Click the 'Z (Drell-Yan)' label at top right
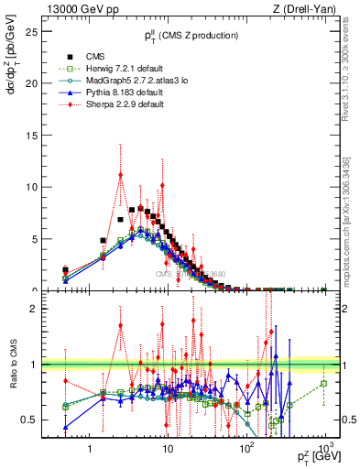308,8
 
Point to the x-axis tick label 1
89,450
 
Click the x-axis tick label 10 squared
245,449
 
